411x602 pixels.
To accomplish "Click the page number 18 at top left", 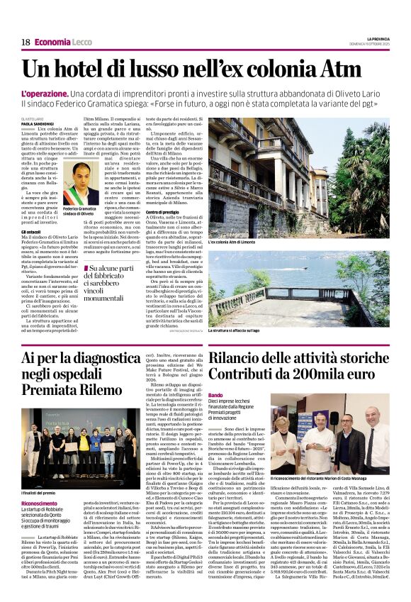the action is point(25,43).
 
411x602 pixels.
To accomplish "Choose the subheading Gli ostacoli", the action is point(30,232).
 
